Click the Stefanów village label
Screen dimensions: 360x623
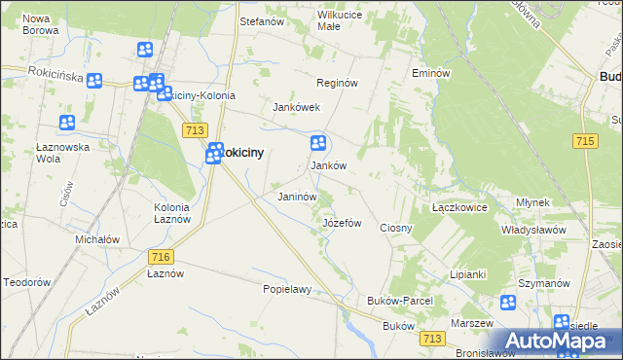[x=261, y=20]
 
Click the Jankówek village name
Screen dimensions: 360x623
[x=297, y=107]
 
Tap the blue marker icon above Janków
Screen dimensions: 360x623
[x=317, y=144]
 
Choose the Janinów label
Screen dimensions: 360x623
[x=298, y=197]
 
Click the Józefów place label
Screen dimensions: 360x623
[x=342, y=223]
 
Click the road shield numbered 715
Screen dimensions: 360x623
[x=585, y=141]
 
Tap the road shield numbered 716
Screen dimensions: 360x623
[x=162, y=256]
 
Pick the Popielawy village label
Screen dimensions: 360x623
[x=286, y=289]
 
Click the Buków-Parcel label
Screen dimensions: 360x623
[x=399, y=302]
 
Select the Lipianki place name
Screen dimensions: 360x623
[x=467, y=274]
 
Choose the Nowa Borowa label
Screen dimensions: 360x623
[x=39, y=24]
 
